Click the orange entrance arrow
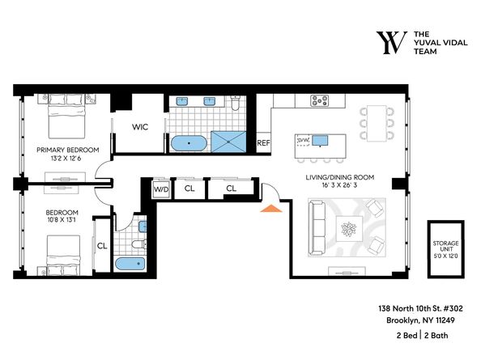click(x=270, y=209)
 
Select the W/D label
click(x=161, y=189)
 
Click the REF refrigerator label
click(x=263, y=143)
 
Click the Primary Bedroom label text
click(x=67, y=150)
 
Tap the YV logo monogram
click(x=390, y=44)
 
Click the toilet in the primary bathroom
click(x=233, y=104)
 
